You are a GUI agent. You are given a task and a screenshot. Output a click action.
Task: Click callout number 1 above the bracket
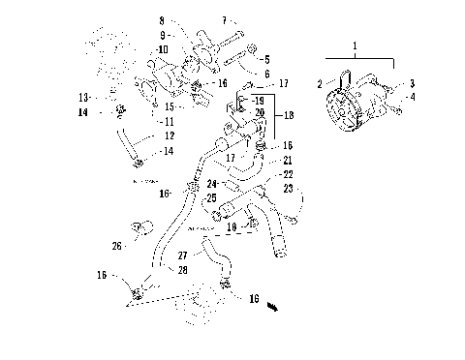356,45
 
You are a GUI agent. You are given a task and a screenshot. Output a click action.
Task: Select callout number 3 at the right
411,84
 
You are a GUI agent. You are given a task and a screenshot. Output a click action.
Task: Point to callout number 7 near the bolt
224,19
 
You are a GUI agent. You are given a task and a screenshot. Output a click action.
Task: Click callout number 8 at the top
162,19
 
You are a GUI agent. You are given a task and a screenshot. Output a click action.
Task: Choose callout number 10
163,48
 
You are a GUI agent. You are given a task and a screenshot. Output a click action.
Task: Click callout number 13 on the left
83,98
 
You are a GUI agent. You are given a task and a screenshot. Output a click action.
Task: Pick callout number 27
182,255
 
